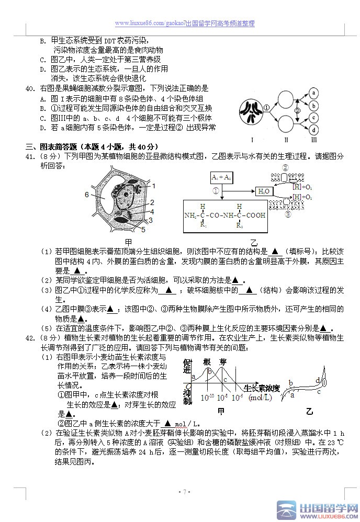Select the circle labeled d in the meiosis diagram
click(x=313, y=129)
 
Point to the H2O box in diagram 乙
click(x=264, y=191)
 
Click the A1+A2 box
click(x=221, y=177)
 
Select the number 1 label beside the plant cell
click(x=154, y=185)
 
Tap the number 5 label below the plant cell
click(x=143, y=230)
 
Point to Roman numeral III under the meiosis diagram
click(x=313, y=140)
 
